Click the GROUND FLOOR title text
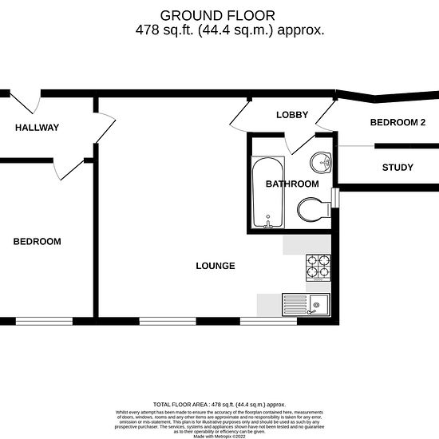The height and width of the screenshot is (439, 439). [x=218, y=15]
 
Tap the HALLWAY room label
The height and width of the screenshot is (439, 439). [x=37, y=128]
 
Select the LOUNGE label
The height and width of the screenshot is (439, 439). [x=216, y=266]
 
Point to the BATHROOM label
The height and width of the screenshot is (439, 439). [x=292, y=184]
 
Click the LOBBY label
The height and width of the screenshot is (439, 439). [x=292, y=115]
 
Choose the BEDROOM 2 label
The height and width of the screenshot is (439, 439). [x=398, y=122]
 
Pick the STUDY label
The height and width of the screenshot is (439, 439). [x=397, y=168]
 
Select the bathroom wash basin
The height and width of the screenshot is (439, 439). [x=323, y=162]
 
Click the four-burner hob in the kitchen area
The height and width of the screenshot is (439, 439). [x=318, y=267]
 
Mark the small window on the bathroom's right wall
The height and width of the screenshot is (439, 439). [x=337, y=196]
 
